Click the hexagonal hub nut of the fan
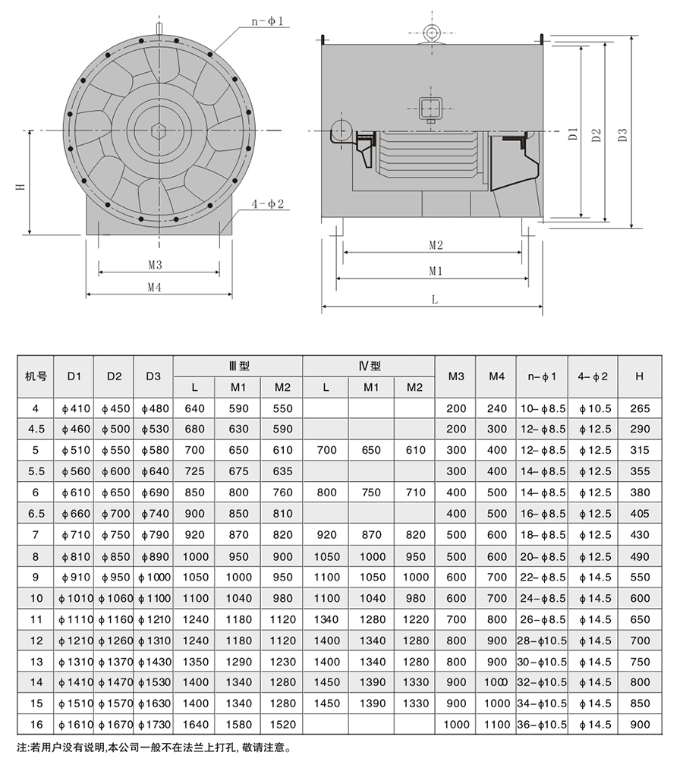click(159, 130)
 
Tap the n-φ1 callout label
click(267, 22)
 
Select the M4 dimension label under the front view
click(156, 287)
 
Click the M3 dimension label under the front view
click(156, 265)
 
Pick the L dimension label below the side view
click(435, 300)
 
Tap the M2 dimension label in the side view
click(436, 244)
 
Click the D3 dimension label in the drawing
click(623, 134)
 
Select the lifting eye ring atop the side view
click(433, 32)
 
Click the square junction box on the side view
click(430, 108)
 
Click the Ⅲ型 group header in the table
click(238, 366)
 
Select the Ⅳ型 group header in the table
click(369, 366)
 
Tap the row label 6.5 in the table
click(36, 514)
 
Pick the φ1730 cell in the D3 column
click(153, 725)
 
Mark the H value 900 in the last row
click(640, 725)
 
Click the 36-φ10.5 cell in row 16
click(542, 725)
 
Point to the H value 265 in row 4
click(640, 408)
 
